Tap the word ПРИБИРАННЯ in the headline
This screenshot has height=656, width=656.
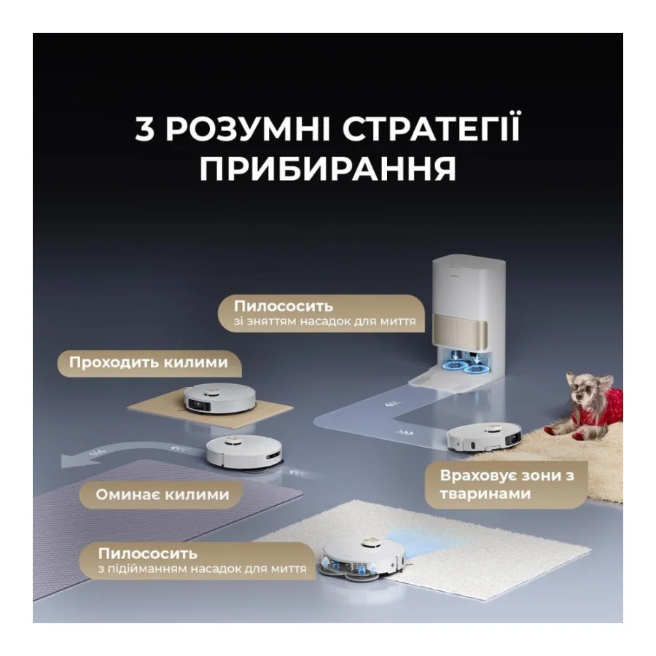[x=327, y=168]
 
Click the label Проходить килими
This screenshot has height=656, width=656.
[x=149, y=362]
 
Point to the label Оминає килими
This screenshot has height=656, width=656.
[x=163, y=494]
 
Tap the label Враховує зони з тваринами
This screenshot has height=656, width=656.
[x=507, y=485]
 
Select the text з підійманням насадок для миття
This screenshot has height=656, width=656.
[x=203, y=569]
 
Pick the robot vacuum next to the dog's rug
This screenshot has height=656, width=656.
[x=484, y=438]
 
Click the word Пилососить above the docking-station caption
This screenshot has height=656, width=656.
[x=284, y=306]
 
